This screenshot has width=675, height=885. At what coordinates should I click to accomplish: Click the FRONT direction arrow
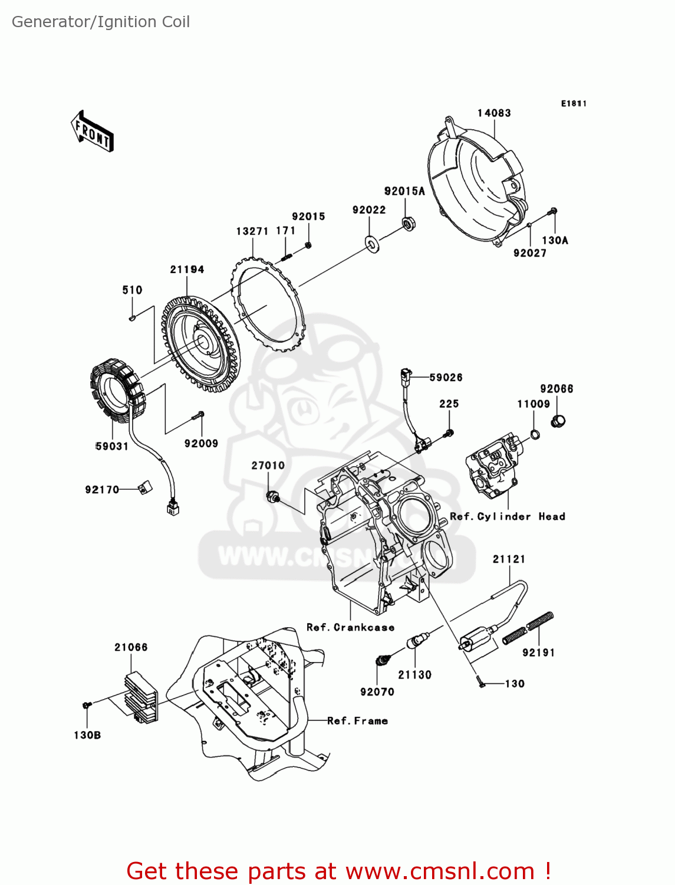click(x=92, y=131)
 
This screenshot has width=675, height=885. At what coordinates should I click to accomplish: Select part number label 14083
click(x=494, y=113)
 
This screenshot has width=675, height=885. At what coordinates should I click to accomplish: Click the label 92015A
click(x=404, y=191)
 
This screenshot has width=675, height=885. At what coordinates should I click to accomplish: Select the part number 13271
click(x=252, y=231)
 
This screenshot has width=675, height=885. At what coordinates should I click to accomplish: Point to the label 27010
click(x=268, y=466)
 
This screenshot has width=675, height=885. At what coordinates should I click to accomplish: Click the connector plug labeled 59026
click(x=405, y=375)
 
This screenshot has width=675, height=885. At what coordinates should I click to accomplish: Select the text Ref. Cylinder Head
click(x=508, y=517)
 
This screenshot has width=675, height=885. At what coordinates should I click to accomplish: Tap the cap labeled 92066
click(x=558, y=421)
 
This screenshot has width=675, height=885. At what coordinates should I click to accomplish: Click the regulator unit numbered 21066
click(x=141, y=697)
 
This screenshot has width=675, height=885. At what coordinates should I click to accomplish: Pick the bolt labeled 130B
click(x=87, y=705)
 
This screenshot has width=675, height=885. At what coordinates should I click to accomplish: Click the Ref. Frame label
click(x=358, y=721)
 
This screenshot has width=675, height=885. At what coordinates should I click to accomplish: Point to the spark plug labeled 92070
click(x=384, y=660)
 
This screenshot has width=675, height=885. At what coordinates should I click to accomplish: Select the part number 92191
click(x=538, y=653)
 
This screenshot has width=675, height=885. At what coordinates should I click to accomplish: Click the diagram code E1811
click(x=574, y=104)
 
